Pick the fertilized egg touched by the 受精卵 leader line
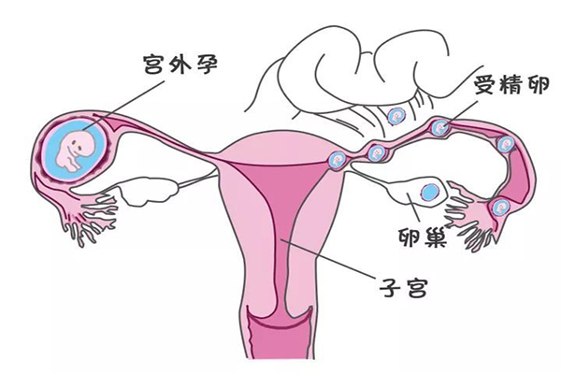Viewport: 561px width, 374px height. (440, 127)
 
